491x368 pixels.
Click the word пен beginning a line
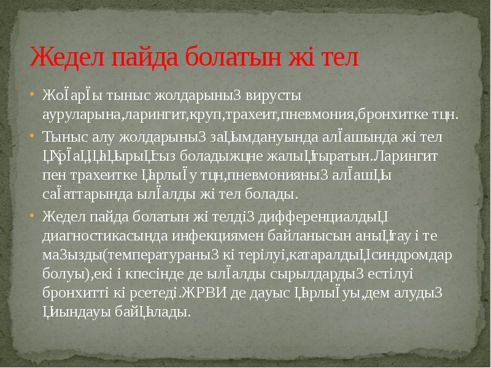[53, 175]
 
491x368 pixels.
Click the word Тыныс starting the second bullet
[61, 136]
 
